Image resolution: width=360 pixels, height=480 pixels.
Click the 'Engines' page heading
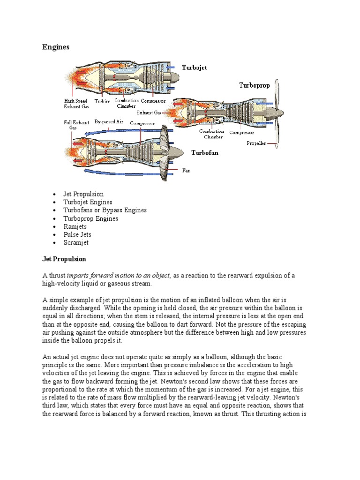point(56,47)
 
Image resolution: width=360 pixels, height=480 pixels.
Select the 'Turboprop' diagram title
point(255,85)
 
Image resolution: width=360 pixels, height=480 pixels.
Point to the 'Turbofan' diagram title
point(204,153)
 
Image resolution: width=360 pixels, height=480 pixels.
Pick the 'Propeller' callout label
point(256,143)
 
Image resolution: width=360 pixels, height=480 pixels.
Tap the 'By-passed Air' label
point(108,121)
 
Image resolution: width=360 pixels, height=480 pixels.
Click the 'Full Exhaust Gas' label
point(74,125)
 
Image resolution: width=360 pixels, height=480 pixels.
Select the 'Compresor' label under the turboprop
point(241,132)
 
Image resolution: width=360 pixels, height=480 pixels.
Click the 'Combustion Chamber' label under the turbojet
point(126,103)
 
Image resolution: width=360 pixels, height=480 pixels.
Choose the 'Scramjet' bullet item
point(76,243)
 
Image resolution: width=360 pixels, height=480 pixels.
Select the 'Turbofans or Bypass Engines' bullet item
point(105,210)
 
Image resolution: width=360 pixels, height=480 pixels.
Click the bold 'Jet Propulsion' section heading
point(64,259)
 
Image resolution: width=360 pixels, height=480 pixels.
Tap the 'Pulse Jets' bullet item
point(77,234)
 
